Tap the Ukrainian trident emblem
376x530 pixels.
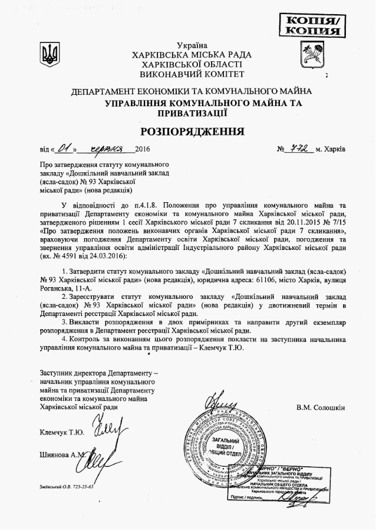point(51,55)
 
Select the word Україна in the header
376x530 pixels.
point(192,45)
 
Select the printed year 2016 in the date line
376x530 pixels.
point(143,149)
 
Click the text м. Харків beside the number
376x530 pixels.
point(331,149)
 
